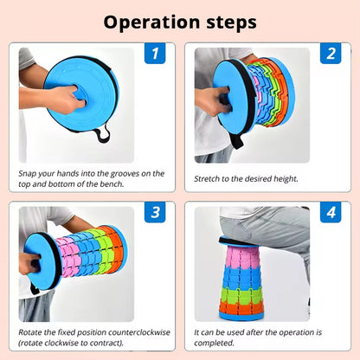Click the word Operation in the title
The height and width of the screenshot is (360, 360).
[x=151, y=22]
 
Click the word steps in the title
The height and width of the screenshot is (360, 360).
[x=231, y=22]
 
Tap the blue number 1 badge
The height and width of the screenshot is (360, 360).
[x=155, y=53]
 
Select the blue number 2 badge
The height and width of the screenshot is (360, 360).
[x=331, y=53]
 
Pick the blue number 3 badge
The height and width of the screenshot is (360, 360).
[x=155, y=212]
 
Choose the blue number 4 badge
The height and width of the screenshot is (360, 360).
[x=331, y=212]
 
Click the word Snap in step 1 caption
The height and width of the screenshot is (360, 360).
[x=27, y=174]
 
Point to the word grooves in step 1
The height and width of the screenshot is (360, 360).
[x=125, y=174]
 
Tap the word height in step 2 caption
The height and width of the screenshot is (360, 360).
[x=286, y=179]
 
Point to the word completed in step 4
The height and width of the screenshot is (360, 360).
[x=214, y=343]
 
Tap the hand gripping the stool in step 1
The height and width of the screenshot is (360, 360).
[x=67, y=99]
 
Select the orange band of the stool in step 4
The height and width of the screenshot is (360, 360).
[x=241, y=306]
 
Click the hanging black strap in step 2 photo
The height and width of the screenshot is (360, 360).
[x=236, y=141]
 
